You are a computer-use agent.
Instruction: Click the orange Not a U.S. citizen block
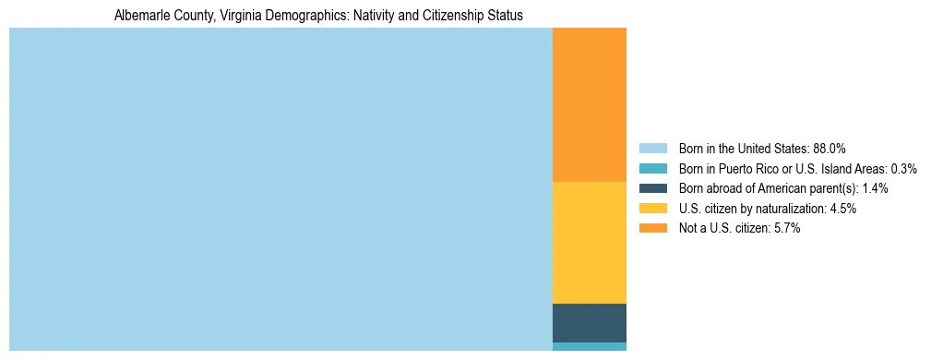pos(589,105)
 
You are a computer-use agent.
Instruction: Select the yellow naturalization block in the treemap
pos(589,243)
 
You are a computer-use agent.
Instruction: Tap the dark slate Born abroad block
pos(589,323)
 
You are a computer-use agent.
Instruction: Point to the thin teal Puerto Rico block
pos(589,347)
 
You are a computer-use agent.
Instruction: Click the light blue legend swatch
pos(652,149)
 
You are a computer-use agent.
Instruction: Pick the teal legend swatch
pos(652,169)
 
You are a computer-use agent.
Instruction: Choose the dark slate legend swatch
pos(652,188)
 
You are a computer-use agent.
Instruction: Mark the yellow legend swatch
pos(652,209)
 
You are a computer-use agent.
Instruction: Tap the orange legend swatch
pos(652,228)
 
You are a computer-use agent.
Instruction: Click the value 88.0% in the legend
pos(829,149)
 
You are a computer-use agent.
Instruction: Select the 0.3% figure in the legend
pos(903,169)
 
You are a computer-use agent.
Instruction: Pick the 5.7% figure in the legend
pos(785,228)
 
